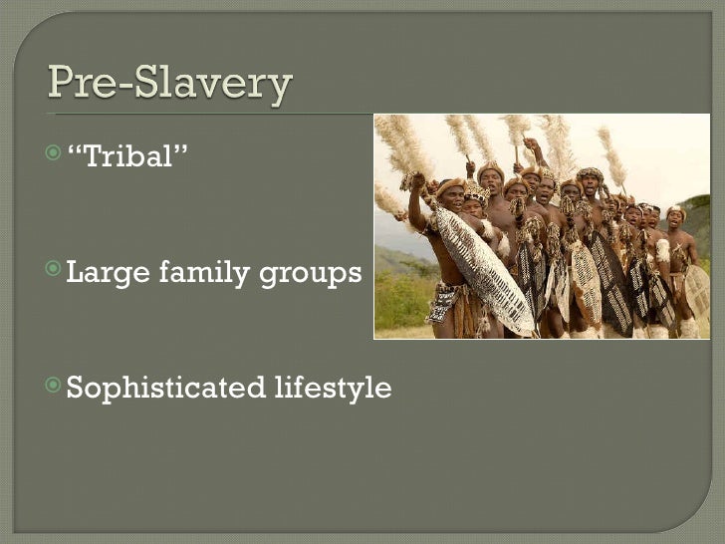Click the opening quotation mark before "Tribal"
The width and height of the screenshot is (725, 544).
click(72, 150)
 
